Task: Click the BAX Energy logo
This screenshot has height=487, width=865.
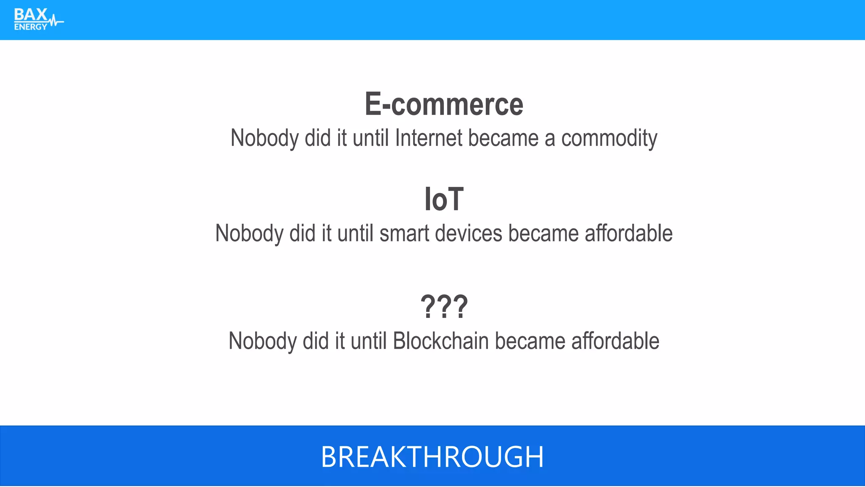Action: click(38, 19)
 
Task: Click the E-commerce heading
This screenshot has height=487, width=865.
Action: click(444, 104)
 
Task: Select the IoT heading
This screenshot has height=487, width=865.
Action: click(444, 199)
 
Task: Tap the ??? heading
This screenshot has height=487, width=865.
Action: click(444, 307)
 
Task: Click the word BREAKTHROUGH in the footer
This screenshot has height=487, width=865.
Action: click(432, 457)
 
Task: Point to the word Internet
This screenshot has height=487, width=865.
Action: click(429, 138)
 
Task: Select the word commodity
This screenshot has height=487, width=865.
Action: click(609, 139)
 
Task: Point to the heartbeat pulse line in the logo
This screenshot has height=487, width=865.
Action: click(56, 21)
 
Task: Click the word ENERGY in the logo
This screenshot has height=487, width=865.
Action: click(30, 27)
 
